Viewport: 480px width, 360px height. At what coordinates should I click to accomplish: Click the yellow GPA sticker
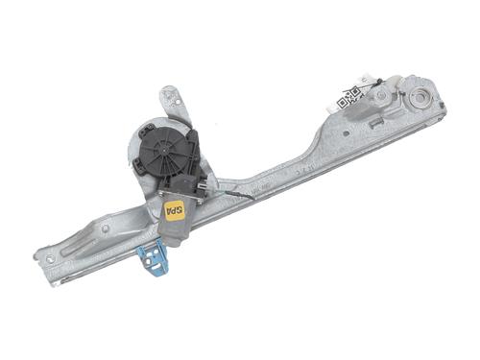coord(176,208)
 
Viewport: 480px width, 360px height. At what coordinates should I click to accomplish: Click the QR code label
coord(348,97)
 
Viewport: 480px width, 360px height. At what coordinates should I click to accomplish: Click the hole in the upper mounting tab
coord(171,96)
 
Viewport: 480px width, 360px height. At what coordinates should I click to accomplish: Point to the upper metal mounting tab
coord(174,102)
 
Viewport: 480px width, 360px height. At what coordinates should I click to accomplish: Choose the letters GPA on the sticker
coord(176,208)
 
